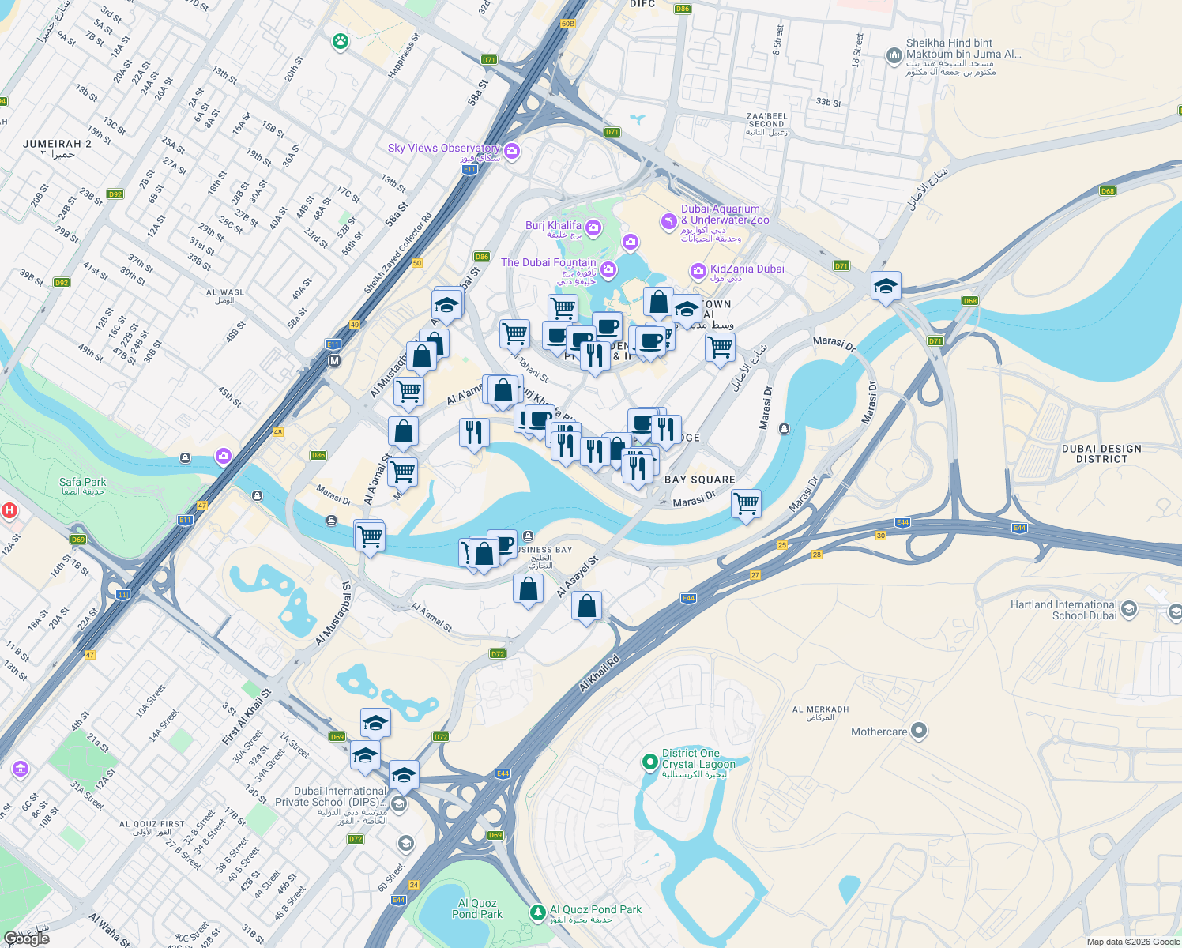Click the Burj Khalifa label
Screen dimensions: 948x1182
(x=553, y=226)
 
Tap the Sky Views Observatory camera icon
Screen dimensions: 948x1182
(x=512, y=151)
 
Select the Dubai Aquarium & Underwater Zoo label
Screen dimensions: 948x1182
(x=725, y=215)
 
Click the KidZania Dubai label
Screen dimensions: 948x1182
(x=747, y=269)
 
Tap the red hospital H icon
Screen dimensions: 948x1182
(x=9, y=510)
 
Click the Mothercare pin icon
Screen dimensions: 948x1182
(x=918, y=731)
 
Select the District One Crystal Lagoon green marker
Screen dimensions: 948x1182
(x=649, y=762)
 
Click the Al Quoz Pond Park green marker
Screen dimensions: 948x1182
(x=538, y=912)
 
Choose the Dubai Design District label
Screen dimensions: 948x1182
(x=1101, y=453)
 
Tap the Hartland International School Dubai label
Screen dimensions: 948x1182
(x=1063, y=610)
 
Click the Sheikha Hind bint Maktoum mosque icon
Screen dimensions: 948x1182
(x=894, y=55)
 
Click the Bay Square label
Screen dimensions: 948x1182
(x=699, y=480)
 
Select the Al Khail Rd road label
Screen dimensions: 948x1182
(x=599, y=672)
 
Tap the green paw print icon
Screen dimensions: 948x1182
(x=341, y=41)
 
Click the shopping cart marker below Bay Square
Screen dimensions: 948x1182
(x=746, y=503)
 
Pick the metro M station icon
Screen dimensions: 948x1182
(x=334, y=361)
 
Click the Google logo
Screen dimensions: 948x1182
(x=27, y=939)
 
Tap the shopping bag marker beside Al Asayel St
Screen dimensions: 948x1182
(x=586, y=607)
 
